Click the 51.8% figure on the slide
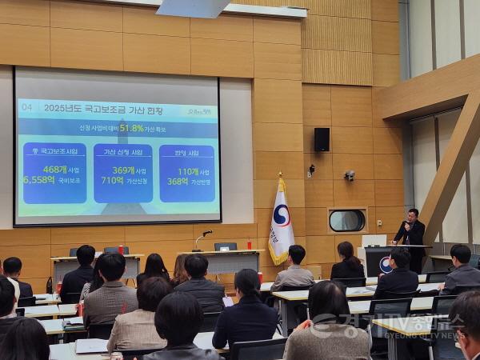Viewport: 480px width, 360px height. pos(132,128)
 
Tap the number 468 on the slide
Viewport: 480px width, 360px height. pos(54,170)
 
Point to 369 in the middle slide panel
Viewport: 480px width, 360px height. pos(122,170)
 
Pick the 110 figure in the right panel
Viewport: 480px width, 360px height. pos(187,171)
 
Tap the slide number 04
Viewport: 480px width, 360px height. pos(27,106)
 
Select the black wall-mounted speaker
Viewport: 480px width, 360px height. pos(322,139)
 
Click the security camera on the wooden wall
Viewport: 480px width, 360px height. pos(350,174)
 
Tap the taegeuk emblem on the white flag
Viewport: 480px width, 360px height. pos(282,214)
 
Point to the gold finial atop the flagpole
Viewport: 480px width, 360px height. pos(280,174)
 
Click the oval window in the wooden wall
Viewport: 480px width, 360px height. pos(346,220)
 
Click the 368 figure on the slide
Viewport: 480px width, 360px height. pos(178,181)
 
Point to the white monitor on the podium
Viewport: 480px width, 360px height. pos(374,240)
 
